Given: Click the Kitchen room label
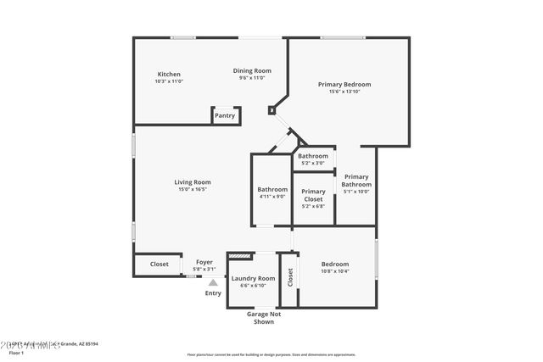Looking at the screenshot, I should pyautogui.click(x=168, y=74).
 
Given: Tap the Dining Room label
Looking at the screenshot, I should pyautogui.click(x=252, y=70).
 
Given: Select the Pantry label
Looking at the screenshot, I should pyautogui.click(x=225, y=115).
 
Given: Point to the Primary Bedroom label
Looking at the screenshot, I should pyautogui.click(x=344, y=84).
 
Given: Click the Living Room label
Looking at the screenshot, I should pyautogui.click(x=193, y=181).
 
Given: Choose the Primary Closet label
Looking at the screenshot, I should pyautogui.click(x=313, y=195).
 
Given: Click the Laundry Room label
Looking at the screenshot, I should pyautogui.click(x=254, y=278).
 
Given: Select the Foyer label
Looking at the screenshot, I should pyautogui.click(x=204, y=262).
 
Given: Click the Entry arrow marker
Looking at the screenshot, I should pyautogui.click(x=213, y=282).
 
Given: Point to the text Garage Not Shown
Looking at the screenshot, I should pyautogui.click(x=263, y=318).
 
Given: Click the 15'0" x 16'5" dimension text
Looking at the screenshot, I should pyautogui.click(x=193, y=189).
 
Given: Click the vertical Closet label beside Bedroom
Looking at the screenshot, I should pyautogui.click(x=289, y=276).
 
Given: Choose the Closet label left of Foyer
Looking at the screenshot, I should pyautogui.click(x=160, y=264).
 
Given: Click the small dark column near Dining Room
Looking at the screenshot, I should pyautogui.click(x=271, y=110).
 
